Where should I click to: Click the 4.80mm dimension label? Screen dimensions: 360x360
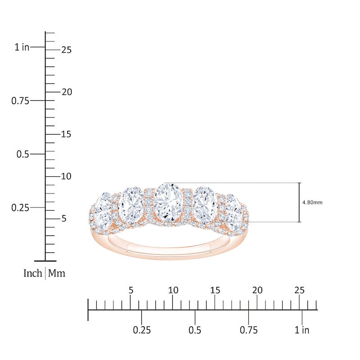312,202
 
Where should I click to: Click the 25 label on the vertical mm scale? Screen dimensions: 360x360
66,50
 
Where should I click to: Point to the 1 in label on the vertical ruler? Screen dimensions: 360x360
22,47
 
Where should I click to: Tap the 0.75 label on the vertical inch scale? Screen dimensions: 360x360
20,101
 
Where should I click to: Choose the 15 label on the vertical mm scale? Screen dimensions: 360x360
66,134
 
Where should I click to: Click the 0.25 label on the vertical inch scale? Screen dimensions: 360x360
20,208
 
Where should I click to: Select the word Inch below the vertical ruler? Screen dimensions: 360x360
32,273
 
